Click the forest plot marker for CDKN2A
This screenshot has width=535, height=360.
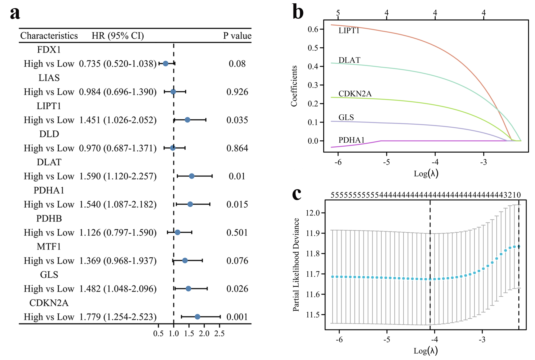(197, 317)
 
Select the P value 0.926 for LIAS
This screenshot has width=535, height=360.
(237, 92)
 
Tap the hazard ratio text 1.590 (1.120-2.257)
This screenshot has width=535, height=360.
(118, 176)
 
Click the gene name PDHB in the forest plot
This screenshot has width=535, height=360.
(49, 218)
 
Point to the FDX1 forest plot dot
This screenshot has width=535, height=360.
(165, 64)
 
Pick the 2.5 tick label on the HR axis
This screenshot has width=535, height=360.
(219, 333)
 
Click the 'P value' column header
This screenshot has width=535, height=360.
(237, 36)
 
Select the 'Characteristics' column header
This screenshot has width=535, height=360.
(49, 36)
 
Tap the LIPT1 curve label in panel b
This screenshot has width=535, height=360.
(349, 30)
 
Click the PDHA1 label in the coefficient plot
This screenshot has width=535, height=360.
(351, 140)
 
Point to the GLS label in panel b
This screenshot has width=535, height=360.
(346, 117)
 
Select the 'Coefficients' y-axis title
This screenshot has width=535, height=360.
(294, 86)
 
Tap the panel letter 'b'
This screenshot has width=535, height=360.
(298, 13)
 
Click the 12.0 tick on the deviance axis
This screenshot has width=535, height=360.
(312, 213)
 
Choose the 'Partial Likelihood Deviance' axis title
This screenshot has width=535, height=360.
(296, 265)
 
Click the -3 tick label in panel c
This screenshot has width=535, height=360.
(482, 339)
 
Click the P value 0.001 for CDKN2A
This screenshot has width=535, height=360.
(237, 317)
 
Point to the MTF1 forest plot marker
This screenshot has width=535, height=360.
(185, 260)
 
